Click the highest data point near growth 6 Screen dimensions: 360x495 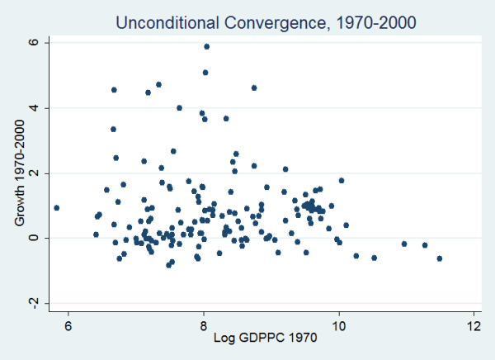[206, 46]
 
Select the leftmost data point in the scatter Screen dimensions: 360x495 [56, 208]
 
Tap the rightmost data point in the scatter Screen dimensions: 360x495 [440, 258]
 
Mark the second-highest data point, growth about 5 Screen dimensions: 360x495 [205, 73]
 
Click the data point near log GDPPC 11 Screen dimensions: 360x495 [404, 244]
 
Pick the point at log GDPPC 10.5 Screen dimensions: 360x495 [374, 258]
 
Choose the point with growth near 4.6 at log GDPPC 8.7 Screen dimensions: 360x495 [254, 88]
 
